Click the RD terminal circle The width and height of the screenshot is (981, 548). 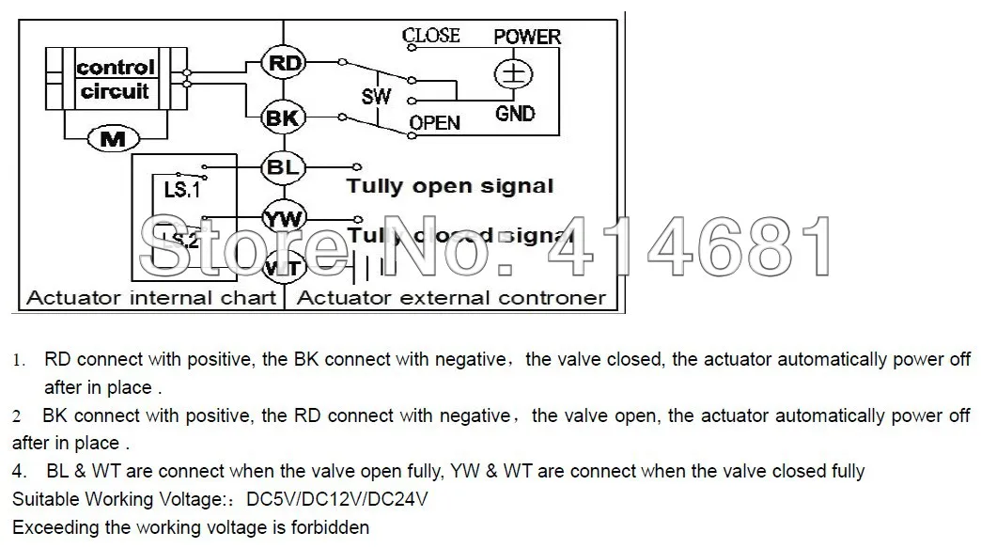(282, 64)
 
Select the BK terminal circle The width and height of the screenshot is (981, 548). (282, 117)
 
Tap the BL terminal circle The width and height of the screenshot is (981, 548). (282, 167)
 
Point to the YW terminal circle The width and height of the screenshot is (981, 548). (282, 219)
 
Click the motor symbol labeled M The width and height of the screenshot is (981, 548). (113, 139)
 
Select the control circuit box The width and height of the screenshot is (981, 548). (116, 80)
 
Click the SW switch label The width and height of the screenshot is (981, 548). (376, 97)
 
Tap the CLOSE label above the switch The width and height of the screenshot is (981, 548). (431, 36)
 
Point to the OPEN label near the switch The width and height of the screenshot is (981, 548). (435, 123)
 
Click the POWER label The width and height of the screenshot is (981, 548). (527, 37)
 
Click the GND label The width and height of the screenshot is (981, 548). (515, 114)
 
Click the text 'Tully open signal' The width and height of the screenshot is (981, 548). (450, 185)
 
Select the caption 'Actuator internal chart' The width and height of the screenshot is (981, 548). (151, 298)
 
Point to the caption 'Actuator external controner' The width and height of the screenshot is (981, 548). (451, 298)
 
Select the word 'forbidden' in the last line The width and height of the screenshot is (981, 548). (328, 527)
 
